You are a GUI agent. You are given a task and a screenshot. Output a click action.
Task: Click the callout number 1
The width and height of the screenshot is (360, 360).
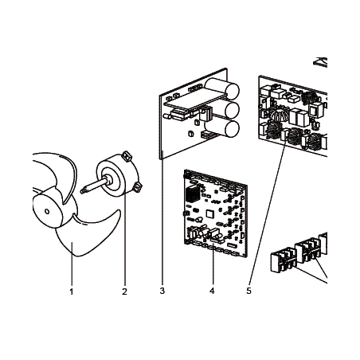71,292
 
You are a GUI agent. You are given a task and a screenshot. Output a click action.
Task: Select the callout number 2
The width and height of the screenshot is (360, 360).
124,292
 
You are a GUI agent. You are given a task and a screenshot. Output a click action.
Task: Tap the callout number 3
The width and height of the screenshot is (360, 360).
162,291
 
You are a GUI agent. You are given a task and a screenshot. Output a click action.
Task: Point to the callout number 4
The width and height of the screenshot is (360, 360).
212,291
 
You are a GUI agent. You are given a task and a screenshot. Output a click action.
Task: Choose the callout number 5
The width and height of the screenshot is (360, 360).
248,291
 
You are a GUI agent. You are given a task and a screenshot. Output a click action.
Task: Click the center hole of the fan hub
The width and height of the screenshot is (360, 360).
47,212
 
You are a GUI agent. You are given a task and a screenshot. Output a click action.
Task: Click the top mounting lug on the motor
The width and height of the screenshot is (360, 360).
127,155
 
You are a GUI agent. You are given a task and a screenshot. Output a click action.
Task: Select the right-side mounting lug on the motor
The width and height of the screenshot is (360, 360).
137,187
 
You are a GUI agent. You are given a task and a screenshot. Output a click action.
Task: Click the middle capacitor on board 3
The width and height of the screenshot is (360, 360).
229,109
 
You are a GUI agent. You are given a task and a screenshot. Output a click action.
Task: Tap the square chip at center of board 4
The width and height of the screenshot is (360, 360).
210,213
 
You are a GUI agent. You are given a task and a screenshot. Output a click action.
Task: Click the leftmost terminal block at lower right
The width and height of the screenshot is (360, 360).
283,260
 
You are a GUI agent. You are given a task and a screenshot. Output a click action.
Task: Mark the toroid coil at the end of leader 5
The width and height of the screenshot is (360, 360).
294,137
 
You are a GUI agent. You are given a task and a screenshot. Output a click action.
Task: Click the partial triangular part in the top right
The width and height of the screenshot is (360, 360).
321,63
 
